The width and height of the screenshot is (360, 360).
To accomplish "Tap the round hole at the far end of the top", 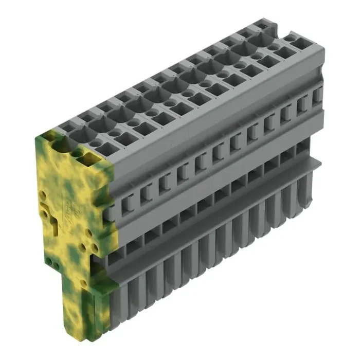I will pyautogui.click(x=293, y=38).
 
